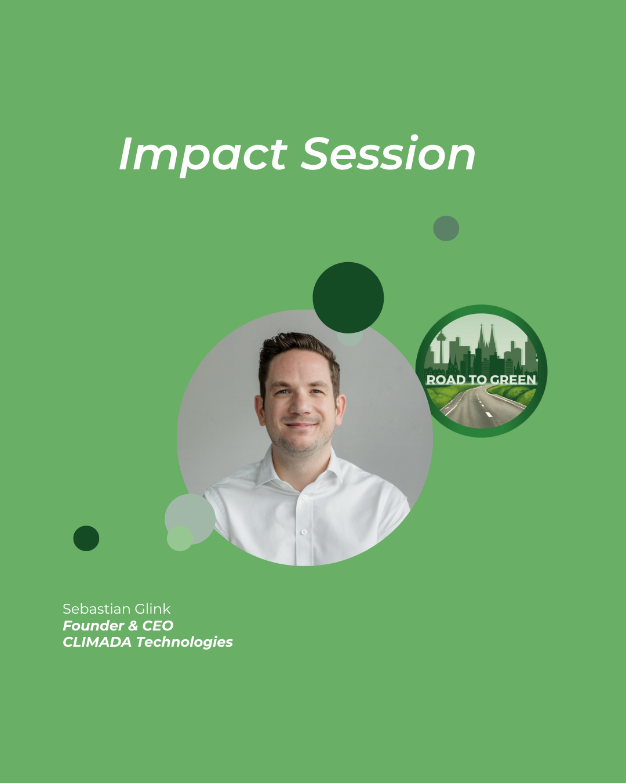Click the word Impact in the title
(203, 155)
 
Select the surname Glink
(152, 609)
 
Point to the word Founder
(93, 625)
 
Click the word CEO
(158, 625)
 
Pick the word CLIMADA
(97, 642)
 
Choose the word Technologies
(184, 643)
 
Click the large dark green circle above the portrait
(348, 298)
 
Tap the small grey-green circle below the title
(446, 228)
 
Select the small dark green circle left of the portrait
(86, 538)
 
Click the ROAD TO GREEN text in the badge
(481, 380)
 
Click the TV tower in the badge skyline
(441, 347)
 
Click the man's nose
(300, 404)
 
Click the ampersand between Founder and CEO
(133, 625)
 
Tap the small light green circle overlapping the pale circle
(180, 538)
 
